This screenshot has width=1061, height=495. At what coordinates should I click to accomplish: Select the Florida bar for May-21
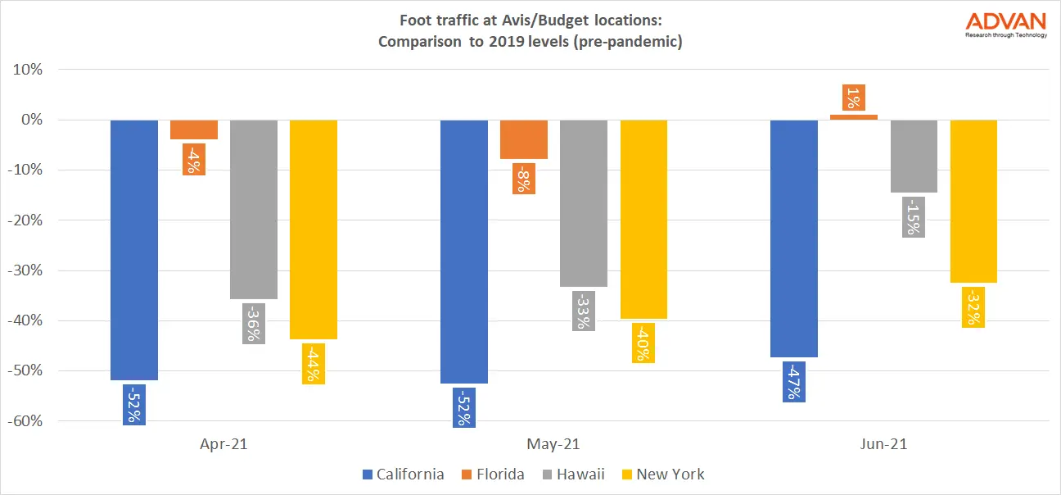click(523, 139)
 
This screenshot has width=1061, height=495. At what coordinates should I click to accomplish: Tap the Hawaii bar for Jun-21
click(914, 156)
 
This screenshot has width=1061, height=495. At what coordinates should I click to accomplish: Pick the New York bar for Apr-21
click(314, 229)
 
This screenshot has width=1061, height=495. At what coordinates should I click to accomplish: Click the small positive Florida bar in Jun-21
click(854, 117)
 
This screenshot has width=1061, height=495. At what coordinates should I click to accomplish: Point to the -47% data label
click(794, 381)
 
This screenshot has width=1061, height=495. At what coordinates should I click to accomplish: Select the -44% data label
click(314, 363)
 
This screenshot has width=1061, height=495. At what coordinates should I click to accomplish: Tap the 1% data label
click(854, 98)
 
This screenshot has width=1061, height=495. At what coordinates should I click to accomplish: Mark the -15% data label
click(914, 216)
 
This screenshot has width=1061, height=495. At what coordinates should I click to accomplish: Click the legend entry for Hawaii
click(575, 474)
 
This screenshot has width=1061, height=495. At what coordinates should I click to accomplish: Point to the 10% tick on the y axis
click(29, 70)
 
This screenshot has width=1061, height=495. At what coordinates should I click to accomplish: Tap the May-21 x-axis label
click(554, 444)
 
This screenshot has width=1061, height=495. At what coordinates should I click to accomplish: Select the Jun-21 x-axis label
click(884, 444)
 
